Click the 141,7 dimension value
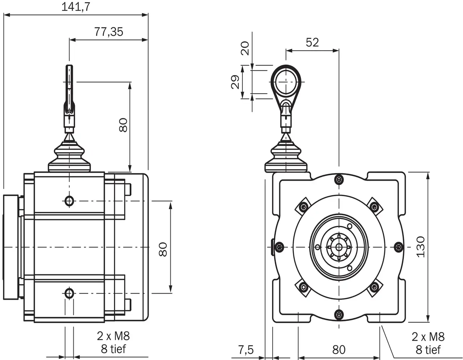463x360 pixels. (76, 7)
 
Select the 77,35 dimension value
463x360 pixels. (109, 32)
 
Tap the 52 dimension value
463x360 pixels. (312, 42)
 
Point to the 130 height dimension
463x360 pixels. (420, 247)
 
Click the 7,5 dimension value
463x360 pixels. (246, 350)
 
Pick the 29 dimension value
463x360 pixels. (235, 82)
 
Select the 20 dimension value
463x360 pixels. (246, 48)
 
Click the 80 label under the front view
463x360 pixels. (339, 350)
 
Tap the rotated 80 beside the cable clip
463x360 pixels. (123, 125)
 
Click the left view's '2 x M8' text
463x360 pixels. (113, 336)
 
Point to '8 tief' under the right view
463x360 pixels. (428, 350)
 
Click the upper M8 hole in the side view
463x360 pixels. (69, 200)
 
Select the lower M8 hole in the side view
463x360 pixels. (69, 293)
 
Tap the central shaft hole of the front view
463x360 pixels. (339, 247)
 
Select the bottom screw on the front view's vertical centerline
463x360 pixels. (339, 314)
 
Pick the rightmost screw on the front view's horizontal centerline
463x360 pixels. (398, 247)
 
